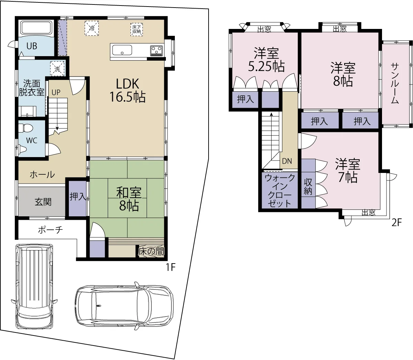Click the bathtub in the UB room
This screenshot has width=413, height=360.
tap(37, 28)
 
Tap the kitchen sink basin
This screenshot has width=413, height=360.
tap(122, 50)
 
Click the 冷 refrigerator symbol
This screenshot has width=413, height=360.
tap(92, 28)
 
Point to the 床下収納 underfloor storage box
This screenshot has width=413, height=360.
tap(137, 29)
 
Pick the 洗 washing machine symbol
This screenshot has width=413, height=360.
tap(57, 69)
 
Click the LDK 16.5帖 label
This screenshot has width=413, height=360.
tap(127, 91)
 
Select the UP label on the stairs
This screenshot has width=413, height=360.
tap(56, 92)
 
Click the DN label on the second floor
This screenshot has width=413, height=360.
tap(287, 161)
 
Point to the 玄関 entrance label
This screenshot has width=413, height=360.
tap(43, 202)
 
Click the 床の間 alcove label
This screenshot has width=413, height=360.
tap(151, 251)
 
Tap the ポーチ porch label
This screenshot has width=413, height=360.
tap(51, 230)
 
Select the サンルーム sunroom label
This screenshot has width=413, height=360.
tap(395, 83)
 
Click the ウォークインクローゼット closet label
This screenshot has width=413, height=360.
tap(279, 191)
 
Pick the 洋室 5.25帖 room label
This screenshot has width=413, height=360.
tap(266, 60)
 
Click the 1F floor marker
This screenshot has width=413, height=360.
tap(171, 267)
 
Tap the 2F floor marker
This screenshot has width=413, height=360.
tap(397, 223)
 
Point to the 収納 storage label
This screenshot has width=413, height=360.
tap(308, 187)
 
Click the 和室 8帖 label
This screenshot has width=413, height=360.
tap(129, 199)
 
